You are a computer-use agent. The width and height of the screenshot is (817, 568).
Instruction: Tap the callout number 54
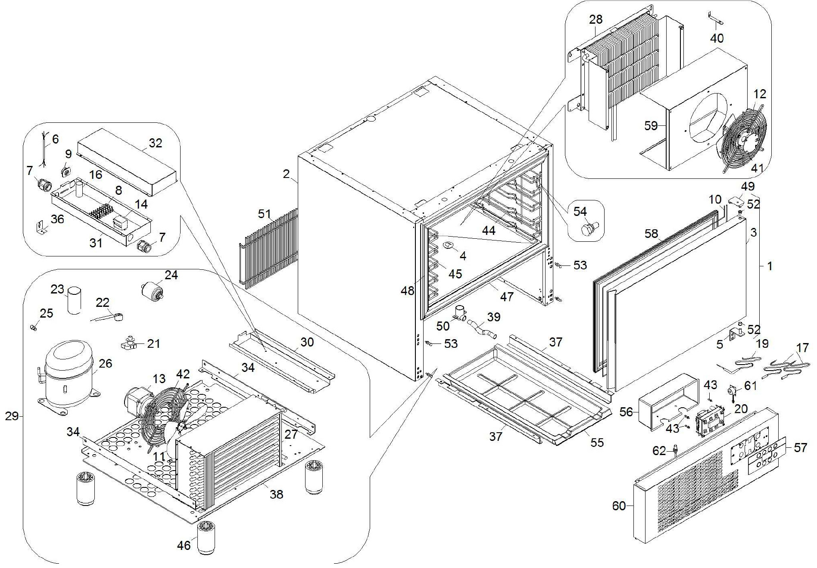pyautogui.click(x=580, y=211)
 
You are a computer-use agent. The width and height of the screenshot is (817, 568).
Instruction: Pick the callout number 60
pyautogui.click(x=619, y=506)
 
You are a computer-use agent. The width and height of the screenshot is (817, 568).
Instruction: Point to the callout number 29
pyautogui.click(x=12, y=416)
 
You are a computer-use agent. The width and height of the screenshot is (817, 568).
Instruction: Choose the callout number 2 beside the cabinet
pyautogui.click(x=287, y=174)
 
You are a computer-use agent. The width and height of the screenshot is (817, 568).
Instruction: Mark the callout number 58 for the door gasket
pyautogui.click(x=651, y=234)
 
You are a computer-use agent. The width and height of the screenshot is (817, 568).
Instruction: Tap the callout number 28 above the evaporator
pyautogui.click(x=596, y=19)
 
